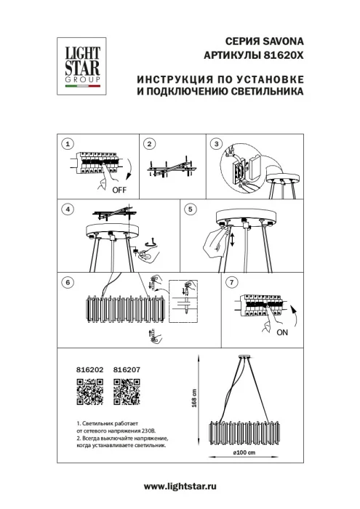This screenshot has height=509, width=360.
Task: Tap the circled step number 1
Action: click(68, 145)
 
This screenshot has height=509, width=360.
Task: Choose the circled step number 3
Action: click(216, 145)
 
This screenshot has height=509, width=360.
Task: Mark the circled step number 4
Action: click(68, 209)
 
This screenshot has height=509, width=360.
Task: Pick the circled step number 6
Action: click(68, 281)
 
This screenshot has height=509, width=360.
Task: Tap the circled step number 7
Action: click(231, 281)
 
